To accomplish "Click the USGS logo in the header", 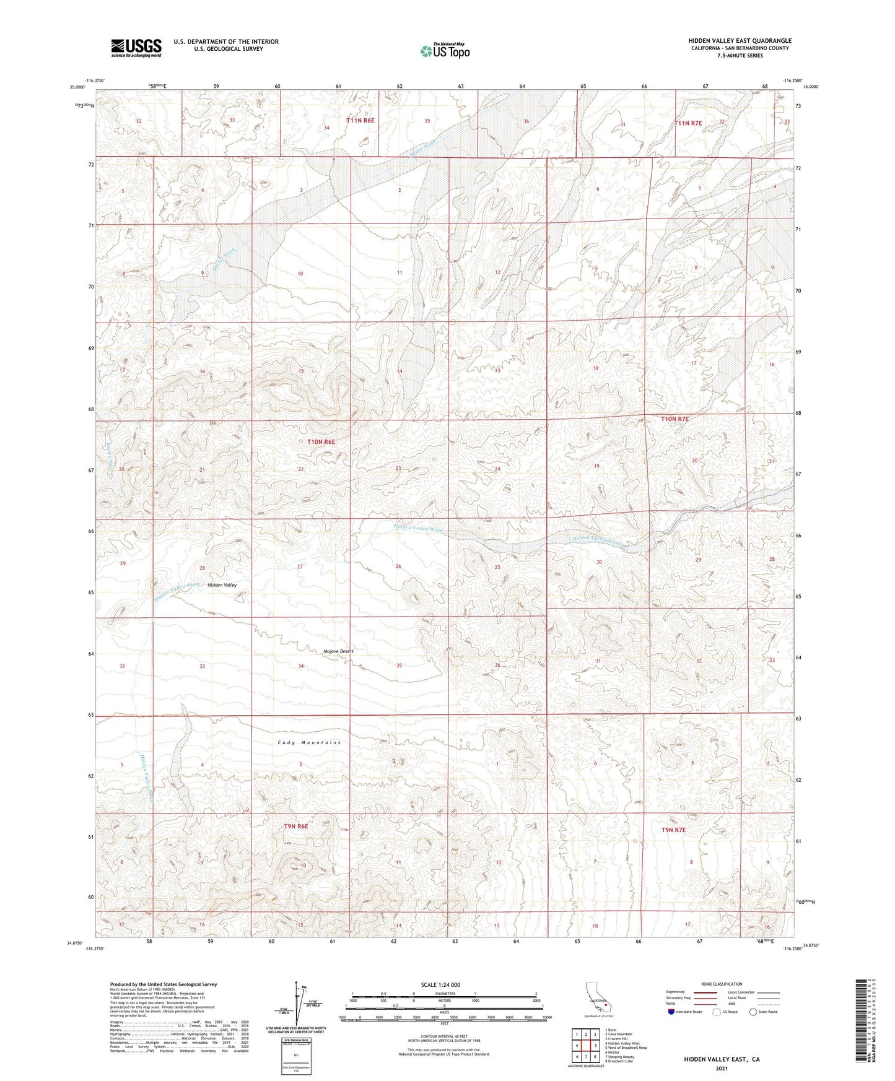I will pos(136,47).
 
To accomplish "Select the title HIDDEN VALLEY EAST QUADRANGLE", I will pos(740,41).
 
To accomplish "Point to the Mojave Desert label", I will pos(338,651).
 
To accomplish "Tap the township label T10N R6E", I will pos(321,442).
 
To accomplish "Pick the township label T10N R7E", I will pos(675,419).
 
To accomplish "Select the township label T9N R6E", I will pos(296,826).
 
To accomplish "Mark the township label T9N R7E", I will pos(673,830).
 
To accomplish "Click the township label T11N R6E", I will pos(360,121).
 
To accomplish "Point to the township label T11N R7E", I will pos(688,123).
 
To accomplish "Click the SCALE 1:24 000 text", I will pos(440,985).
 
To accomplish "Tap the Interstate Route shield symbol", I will pos(671,1012).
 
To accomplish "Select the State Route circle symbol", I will pos(753,1012).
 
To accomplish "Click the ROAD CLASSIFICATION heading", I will pos(722,984).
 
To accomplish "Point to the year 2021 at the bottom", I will pos(721,1069).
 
